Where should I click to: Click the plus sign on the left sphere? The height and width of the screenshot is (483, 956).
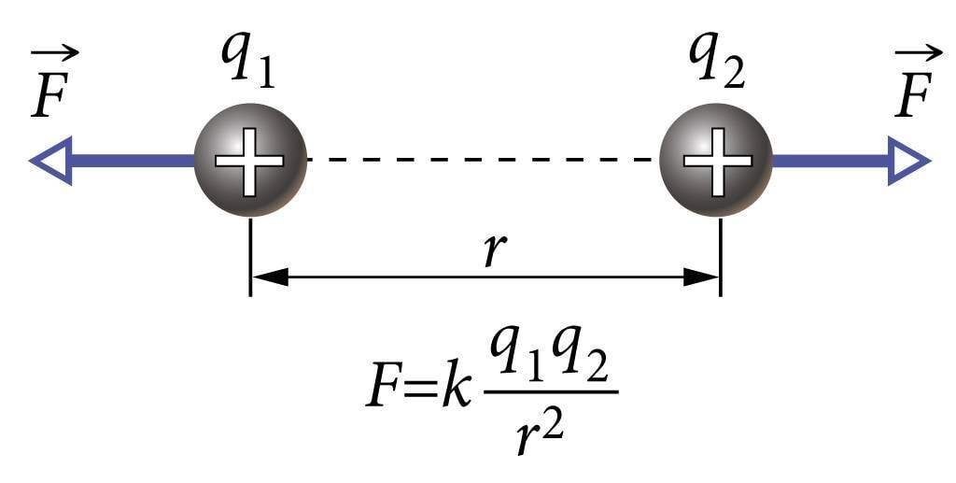coord(249,160)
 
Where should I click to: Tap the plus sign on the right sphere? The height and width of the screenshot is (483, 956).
coord(717,160)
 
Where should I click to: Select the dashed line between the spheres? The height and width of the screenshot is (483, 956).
coord(483,160)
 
